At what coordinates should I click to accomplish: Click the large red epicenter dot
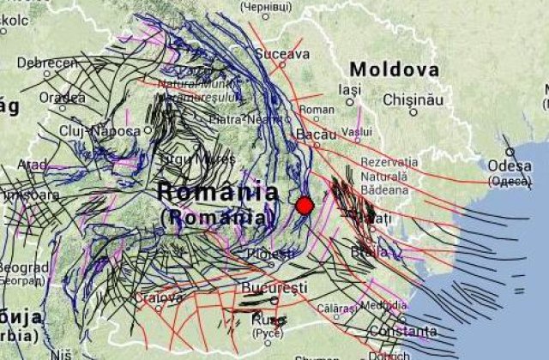click(x=305, y=205)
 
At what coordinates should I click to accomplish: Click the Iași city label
click(x=351, y=89)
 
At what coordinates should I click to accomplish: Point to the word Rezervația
click(x=389, y=161)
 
